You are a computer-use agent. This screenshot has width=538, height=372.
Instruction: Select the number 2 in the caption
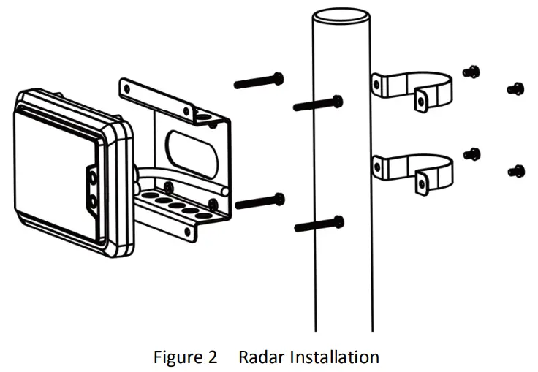point(211,357)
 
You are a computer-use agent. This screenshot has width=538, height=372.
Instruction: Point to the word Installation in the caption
point(335,357)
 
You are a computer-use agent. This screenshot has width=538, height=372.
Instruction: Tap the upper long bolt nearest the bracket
point(259,80)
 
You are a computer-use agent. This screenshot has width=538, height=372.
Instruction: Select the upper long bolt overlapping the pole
point(319,104)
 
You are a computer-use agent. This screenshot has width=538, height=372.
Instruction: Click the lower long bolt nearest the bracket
point(259,200)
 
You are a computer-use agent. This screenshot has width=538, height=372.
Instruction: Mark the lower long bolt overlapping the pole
point(319,224)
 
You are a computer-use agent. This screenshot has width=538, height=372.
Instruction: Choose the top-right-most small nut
point(515,89)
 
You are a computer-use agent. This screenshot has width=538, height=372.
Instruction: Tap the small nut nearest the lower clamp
point(473,153)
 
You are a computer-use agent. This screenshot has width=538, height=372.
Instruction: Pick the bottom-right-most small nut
point(515,172)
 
